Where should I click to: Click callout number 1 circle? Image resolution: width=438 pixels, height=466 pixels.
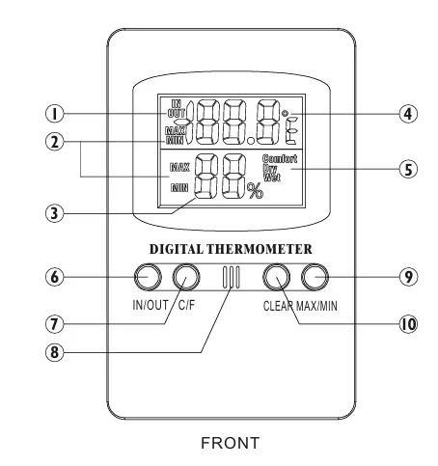[55, 114]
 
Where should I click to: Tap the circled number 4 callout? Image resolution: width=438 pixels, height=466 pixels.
[408, 114]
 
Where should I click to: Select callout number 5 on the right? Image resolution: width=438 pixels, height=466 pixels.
[408, 169]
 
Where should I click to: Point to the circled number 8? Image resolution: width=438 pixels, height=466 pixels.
[55, 352]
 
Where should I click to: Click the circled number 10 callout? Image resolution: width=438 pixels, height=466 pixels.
[408, 324]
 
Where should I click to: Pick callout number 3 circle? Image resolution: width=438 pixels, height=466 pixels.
[55, 213]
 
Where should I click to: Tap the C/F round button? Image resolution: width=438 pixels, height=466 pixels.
[186, 277]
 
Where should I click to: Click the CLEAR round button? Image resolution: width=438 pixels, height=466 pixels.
[277, 277]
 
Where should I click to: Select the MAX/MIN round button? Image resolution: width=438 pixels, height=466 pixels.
[315, 277]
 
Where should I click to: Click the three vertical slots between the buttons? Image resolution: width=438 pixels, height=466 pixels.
[231, 277]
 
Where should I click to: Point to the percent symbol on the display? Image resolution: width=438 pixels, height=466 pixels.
[255, 191]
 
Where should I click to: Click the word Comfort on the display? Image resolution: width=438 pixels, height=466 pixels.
[280, 159]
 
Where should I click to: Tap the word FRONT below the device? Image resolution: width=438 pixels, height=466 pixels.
[231, 443]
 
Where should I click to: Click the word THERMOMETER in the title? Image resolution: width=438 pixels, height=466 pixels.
[260, 249]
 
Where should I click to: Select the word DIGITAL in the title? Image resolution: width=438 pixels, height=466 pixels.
[177, 249]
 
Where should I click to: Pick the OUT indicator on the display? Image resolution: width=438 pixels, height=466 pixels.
[177, 113]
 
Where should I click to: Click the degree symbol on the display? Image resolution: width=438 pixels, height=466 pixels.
[285, 114]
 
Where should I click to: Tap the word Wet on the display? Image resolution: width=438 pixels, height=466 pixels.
[272, 178]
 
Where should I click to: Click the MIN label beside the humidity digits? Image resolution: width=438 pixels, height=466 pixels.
[179, 188]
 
